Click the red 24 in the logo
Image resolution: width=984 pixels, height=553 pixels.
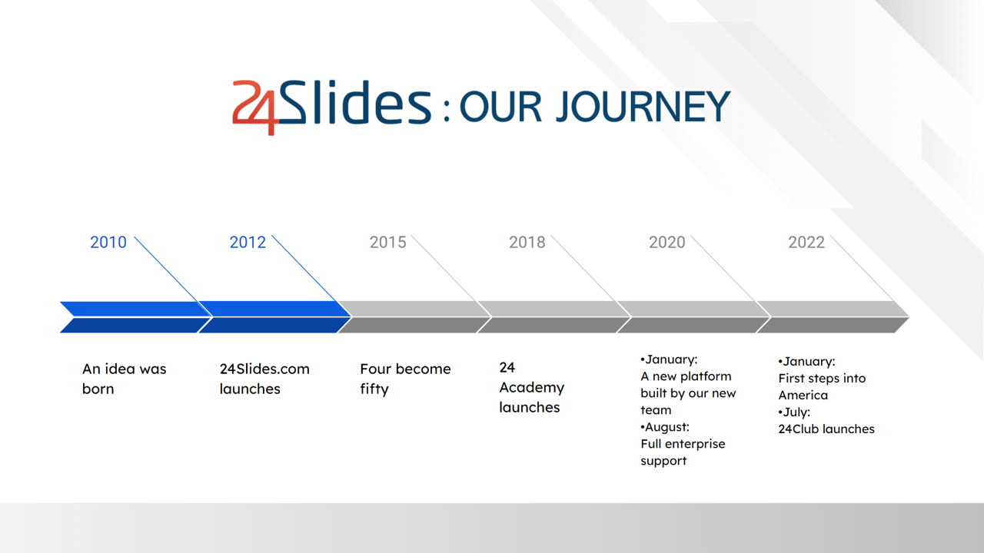255,108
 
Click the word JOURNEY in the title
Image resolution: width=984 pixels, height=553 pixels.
643,107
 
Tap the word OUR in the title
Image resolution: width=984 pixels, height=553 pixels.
500,107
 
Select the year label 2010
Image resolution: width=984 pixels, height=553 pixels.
108,242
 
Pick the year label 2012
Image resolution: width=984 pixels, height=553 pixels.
248,242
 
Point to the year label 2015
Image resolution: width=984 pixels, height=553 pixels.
388,242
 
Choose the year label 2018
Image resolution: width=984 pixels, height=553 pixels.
527,242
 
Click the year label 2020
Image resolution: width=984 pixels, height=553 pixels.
667,242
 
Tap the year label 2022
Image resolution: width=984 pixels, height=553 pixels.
806,242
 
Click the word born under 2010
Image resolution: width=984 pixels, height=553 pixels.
98,389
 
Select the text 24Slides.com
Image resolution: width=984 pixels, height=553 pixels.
264,369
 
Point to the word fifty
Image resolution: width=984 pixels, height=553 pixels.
374,389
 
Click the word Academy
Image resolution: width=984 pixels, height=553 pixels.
531,388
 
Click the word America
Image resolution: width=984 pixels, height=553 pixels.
803,396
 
